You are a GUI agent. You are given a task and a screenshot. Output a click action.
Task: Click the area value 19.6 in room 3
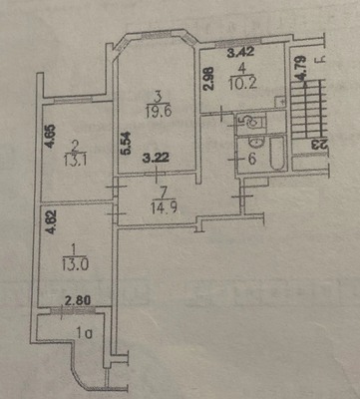158,112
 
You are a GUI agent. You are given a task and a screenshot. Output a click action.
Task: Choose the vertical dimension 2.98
207,78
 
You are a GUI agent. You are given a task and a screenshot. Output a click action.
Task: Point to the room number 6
252,159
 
